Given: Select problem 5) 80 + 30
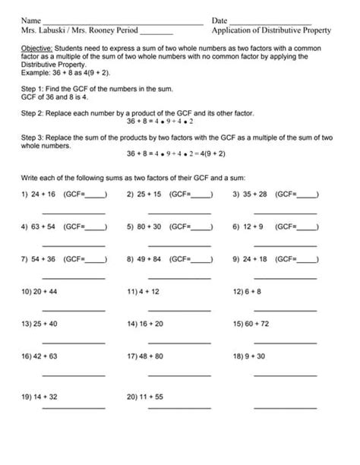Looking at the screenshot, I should coord(144,226).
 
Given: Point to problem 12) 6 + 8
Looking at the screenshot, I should coord(248,291).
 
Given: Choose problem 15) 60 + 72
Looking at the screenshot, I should coord(251,323).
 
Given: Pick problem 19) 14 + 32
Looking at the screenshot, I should coord(39,396).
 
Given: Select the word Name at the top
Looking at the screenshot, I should coord(30,21).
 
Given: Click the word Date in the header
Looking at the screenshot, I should coord(219,21).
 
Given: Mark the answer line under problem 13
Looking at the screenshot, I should coord(73,343).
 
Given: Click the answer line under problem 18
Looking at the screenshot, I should coord(284,375).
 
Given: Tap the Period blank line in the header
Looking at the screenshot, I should coord(156,33).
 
